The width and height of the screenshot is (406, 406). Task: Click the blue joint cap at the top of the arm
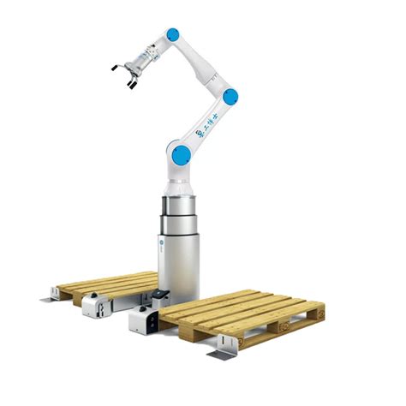click(173, 35)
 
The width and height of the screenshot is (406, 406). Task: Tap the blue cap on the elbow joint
click(229, 97)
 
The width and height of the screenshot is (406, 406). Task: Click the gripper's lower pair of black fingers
click(131, 82)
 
